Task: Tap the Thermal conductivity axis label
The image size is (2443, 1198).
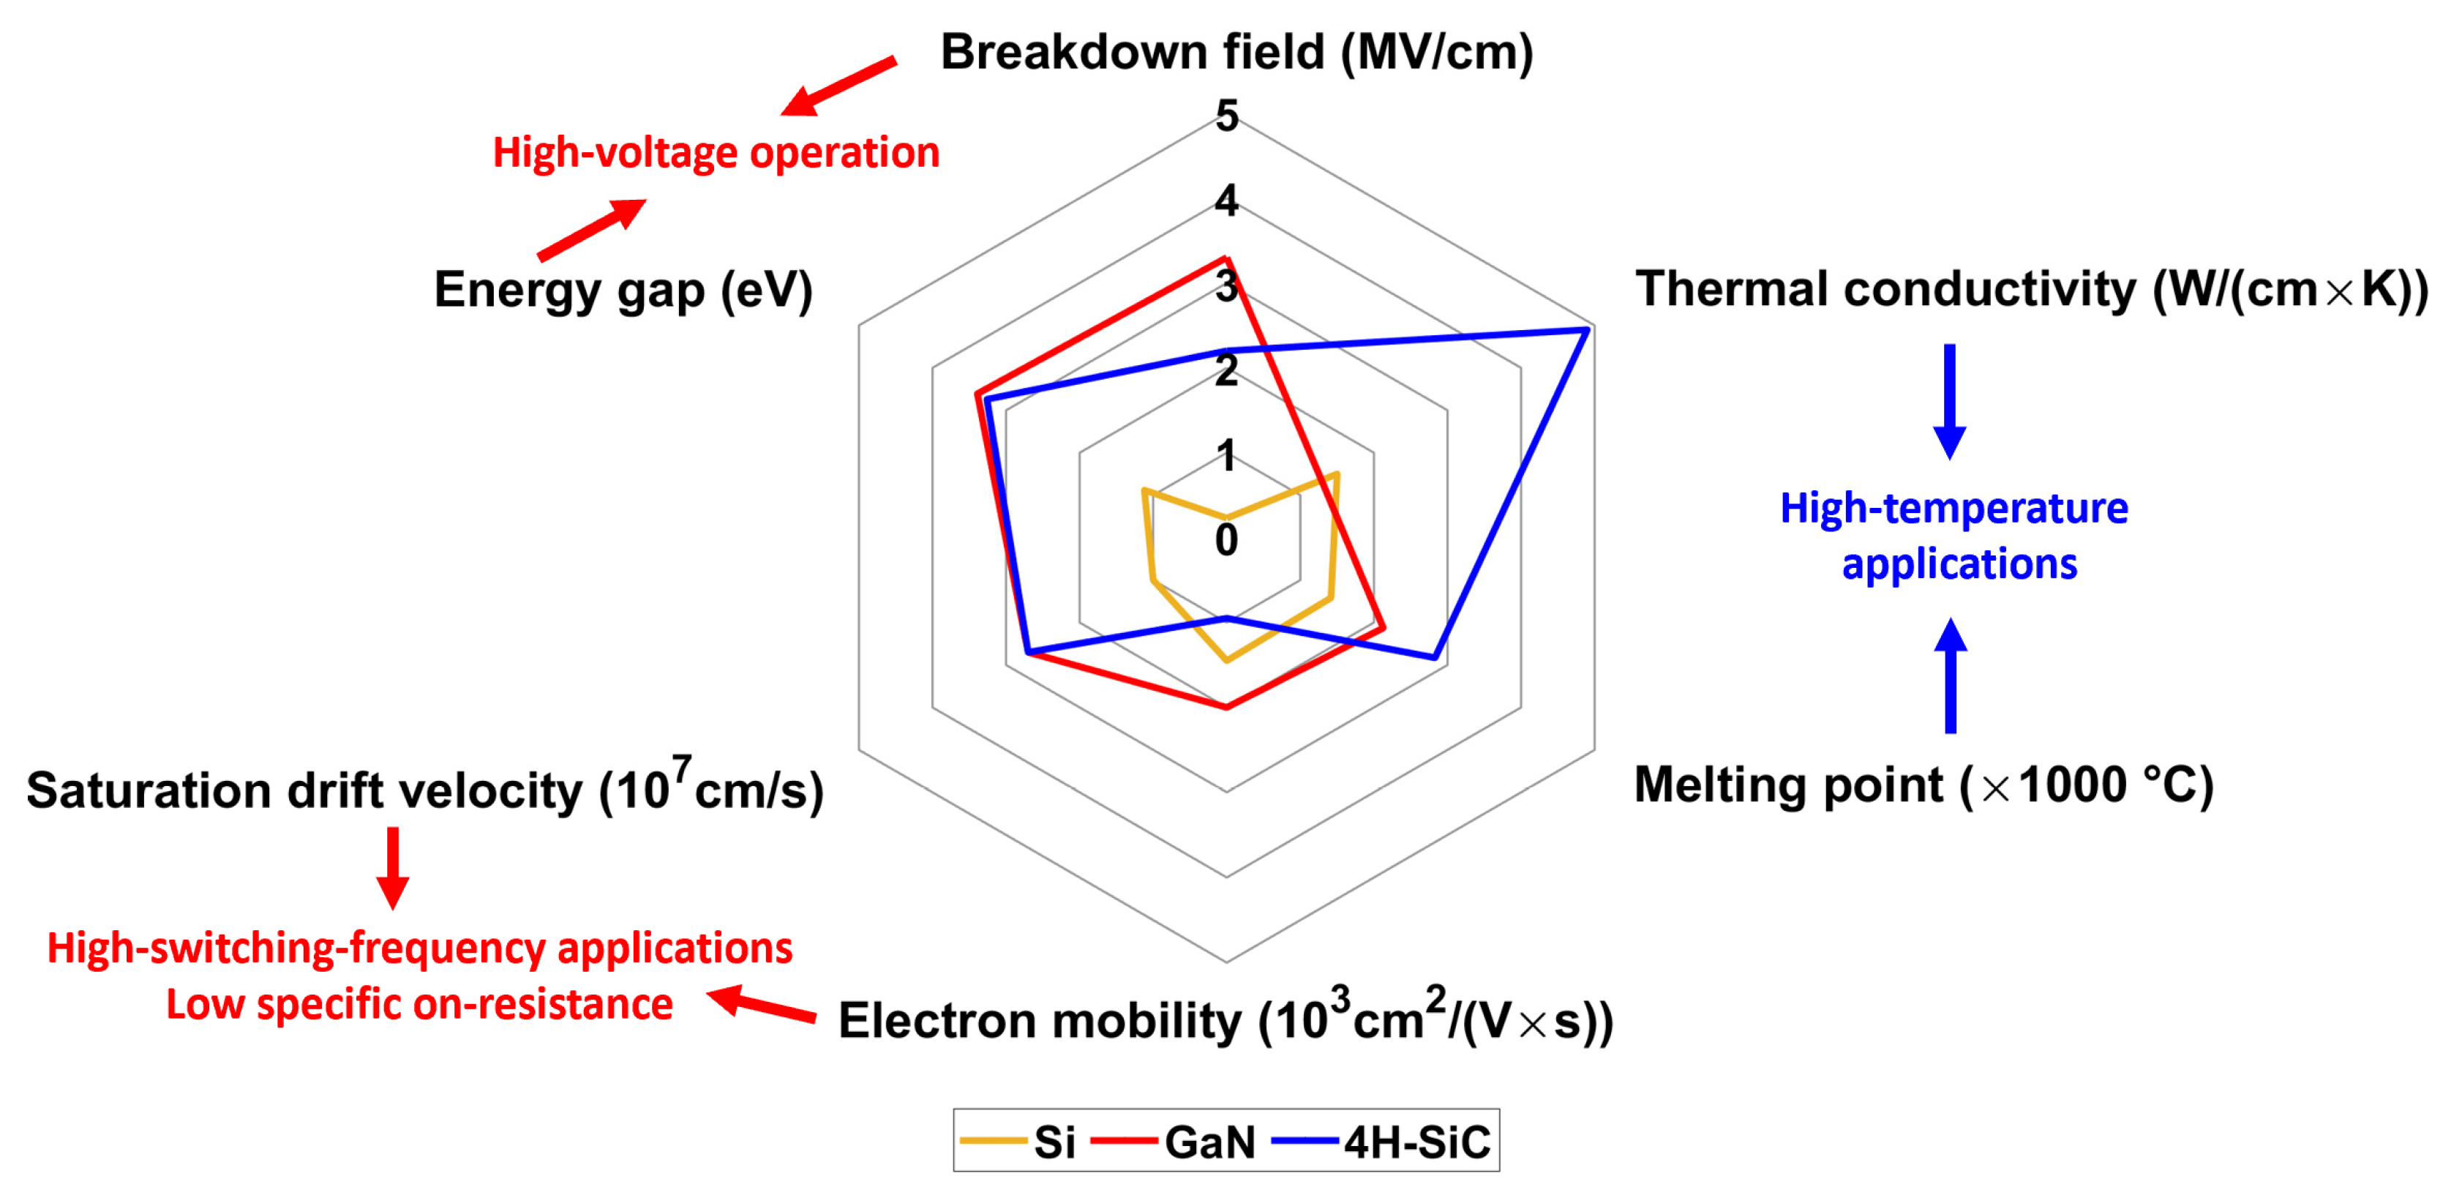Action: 2031,289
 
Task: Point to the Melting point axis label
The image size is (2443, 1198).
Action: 1924,785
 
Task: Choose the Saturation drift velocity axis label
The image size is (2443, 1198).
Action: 425,789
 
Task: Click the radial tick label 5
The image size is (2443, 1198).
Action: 1227,116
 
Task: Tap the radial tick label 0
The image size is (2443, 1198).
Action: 1226,539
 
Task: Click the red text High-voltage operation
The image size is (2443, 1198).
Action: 716,153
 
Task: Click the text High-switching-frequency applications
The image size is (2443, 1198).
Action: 419,948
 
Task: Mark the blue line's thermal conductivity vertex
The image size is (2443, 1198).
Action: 1587,330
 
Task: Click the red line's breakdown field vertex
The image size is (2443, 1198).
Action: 1226,259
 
